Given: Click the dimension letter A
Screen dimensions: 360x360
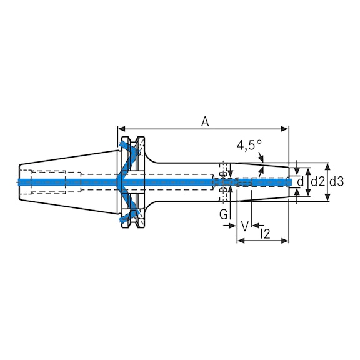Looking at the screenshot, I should tap(204, 121).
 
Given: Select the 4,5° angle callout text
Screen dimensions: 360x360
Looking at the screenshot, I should tap(249, 146).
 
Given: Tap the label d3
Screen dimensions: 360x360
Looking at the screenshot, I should tap(336, 182).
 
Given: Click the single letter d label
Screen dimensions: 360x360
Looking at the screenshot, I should tap(301, 182).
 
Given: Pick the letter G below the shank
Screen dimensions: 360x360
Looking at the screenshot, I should tap(223, 214).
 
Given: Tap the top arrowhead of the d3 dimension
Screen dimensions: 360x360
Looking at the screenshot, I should tap(328, 165).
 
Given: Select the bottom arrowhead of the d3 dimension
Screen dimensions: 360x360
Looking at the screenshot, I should tap(328, 199).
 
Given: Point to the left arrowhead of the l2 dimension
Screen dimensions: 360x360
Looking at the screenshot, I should tap(239, 240).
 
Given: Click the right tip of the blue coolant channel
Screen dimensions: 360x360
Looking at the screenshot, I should tap(291, 182).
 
